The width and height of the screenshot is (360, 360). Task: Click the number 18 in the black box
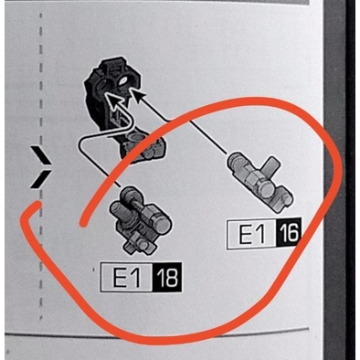167,277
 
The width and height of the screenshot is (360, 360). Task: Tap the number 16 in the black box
288,233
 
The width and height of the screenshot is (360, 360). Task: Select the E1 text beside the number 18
127,277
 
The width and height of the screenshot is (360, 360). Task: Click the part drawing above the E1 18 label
139,220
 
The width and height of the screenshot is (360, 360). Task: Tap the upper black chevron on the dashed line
40,154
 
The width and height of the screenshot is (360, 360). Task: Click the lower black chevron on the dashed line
40,179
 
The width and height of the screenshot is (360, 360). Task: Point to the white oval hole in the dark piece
123,81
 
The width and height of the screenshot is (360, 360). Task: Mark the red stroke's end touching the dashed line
37,204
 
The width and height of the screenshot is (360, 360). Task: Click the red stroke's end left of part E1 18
82,224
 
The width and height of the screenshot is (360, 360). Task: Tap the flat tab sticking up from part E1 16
271,166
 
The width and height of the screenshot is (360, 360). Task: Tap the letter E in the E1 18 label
120,278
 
